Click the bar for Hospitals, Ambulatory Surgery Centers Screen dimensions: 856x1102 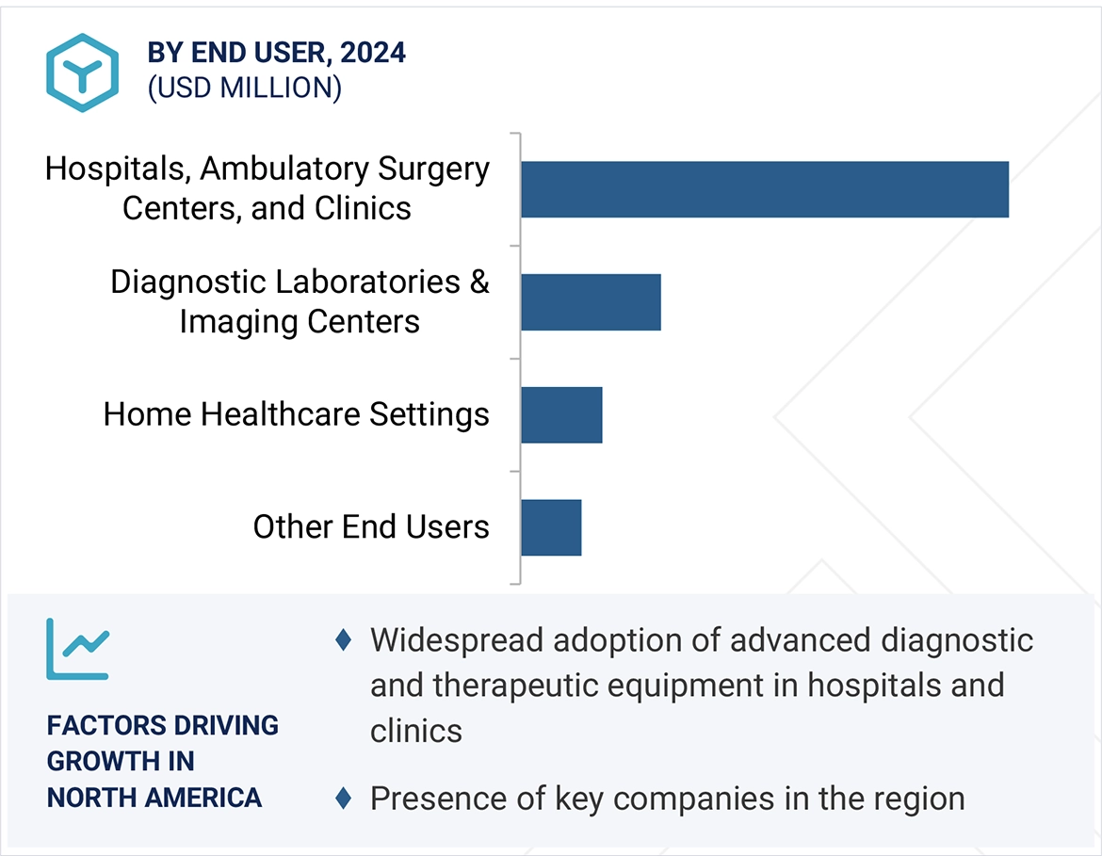tap(764, 189)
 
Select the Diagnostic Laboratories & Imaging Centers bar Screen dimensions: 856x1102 tap(591, 302)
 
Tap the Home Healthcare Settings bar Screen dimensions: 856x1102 tap(561, 415)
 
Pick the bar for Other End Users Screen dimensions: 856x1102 tap(551, 527)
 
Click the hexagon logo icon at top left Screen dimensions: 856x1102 tap(83, 73)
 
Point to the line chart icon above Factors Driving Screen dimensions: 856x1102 tap(78, 649)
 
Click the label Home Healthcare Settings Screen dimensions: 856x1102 tap(296, 414)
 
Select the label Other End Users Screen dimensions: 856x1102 tap(371, 526)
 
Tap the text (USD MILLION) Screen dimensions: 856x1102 tap(244, 88)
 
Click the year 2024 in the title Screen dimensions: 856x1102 tap(373, 53)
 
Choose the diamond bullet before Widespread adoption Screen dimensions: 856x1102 tap(344, 640)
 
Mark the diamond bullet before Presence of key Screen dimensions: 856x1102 tap(344, 799)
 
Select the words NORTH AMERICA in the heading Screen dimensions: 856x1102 tap(154, 798)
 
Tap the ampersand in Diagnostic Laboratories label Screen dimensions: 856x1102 tap(479, 282)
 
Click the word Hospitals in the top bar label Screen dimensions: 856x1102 tap(117, 170)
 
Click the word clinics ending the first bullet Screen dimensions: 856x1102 tap(415, 731)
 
